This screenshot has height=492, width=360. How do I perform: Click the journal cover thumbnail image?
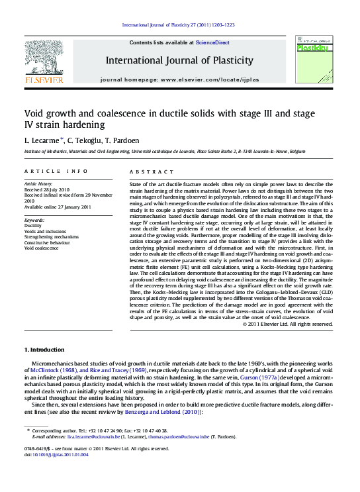coord(312,62)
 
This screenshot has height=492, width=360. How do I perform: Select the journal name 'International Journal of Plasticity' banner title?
coord(179,60)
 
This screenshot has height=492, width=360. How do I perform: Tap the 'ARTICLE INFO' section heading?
coord(56,171)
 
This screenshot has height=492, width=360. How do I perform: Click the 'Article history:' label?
coord(38,183)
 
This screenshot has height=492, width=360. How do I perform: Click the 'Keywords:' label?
coord(34,219)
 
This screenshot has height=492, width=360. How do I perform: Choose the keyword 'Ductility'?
coord(33,225)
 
